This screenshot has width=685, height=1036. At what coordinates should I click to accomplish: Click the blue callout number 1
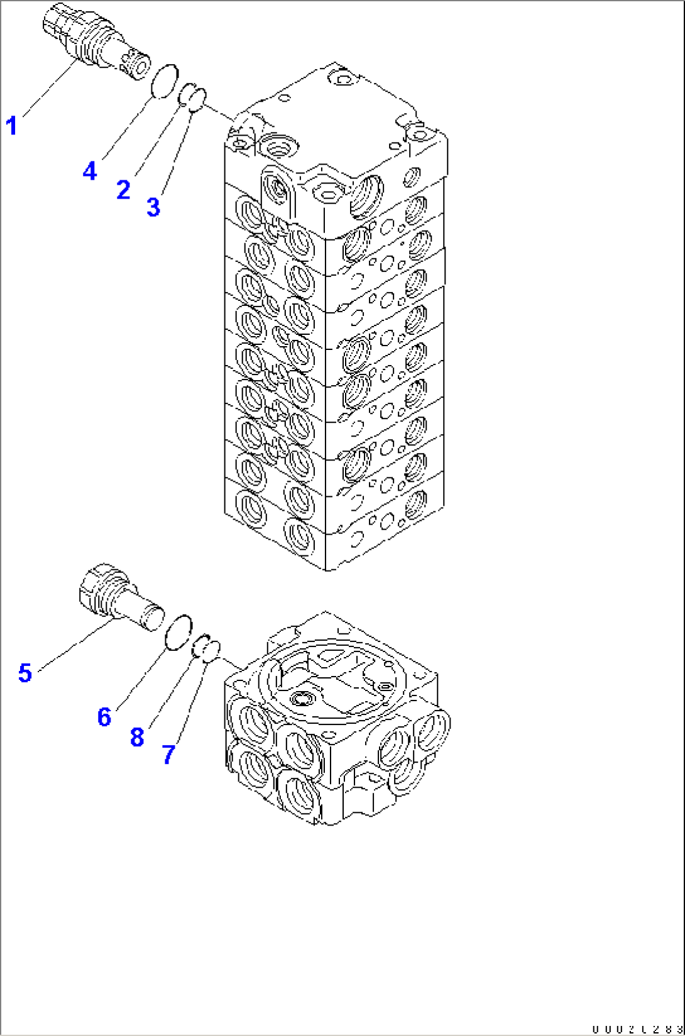[x=11, y=126]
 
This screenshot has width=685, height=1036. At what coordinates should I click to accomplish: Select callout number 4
[x=90, y=170]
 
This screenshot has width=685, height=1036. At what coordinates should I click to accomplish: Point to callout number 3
[x=153, y=207]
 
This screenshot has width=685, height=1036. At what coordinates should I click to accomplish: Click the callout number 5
[x=25, y=673]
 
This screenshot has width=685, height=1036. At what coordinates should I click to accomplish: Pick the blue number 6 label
[x=104, y=717]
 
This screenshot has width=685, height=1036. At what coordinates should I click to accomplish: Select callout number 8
[x=137, y=737]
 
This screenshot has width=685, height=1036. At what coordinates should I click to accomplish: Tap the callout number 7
[x=168, y=754]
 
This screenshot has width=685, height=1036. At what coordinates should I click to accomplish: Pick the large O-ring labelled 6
[x=178, y=632]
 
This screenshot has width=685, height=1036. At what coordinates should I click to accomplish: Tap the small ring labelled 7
[x=211, y=650]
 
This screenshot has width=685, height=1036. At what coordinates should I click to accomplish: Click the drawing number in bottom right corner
[x=637, y=1028]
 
